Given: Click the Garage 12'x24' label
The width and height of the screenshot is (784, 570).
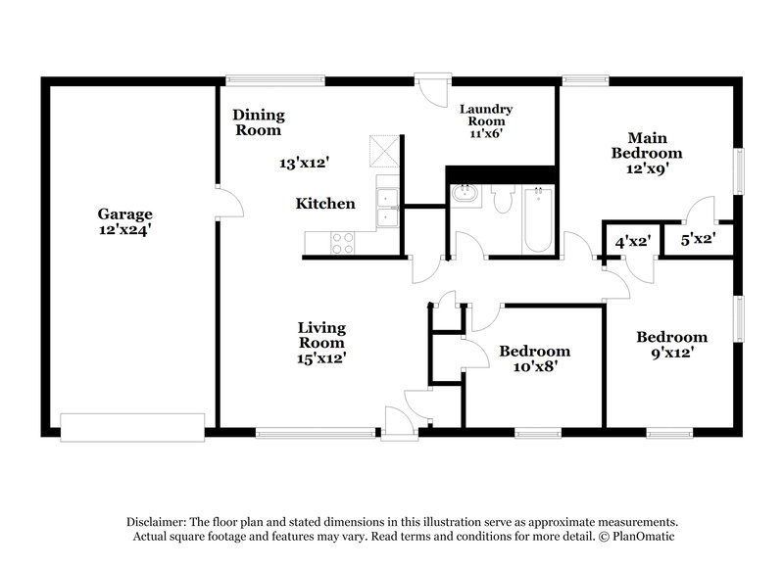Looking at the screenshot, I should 124,220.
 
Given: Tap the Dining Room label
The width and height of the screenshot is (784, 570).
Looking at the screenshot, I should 257,122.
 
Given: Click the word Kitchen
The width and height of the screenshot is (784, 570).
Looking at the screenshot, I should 325,204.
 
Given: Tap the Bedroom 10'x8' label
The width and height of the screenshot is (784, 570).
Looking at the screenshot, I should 534,358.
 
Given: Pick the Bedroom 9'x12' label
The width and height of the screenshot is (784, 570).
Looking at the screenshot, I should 671,344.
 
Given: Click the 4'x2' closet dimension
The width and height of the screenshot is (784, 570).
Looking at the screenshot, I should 632,240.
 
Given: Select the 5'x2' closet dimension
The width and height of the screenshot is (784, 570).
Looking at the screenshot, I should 699,238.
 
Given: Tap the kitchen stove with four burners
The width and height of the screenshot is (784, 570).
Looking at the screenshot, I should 343,242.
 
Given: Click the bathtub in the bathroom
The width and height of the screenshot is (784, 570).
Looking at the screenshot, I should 538,217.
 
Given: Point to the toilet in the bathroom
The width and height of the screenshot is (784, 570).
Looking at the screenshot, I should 503,200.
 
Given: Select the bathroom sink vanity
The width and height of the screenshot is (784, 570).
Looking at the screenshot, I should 464,196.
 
